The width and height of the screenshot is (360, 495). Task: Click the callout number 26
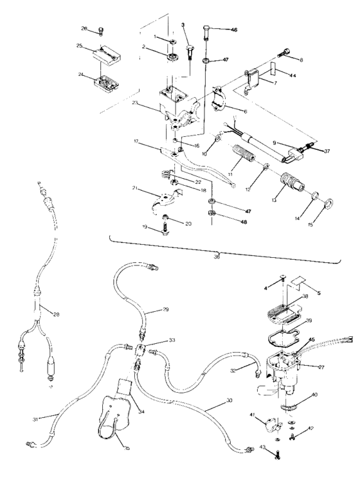84,28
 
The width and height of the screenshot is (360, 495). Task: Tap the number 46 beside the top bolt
215,30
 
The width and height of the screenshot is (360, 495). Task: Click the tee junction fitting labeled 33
143,347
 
